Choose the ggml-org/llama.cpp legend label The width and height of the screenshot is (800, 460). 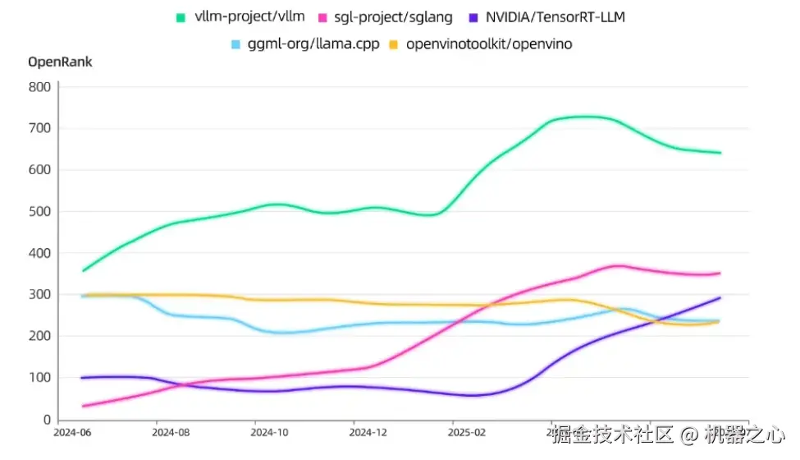point(313,44)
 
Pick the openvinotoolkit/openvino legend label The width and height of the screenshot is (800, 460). point(490,44)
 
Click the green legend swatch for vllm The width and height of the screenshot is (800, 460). point(181,17)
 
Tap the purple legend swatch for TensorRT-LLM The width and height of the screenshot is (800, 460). point(473,17)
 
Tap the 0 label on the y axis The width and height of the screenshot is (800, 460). point(47,420)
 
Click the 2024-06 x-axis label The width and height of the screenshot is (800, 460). point(72,430)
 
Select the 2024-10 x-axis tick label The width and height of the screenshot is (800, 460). point(269,430)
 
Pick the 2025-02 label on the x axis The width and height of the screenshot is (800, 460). point(468,430)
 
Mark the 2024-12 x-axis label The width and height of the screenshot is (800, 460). point(368,430)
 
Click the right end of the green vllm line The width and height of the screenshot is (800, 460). point(720,153)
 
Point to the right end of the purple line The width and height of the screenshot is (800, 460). point(720,298)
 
